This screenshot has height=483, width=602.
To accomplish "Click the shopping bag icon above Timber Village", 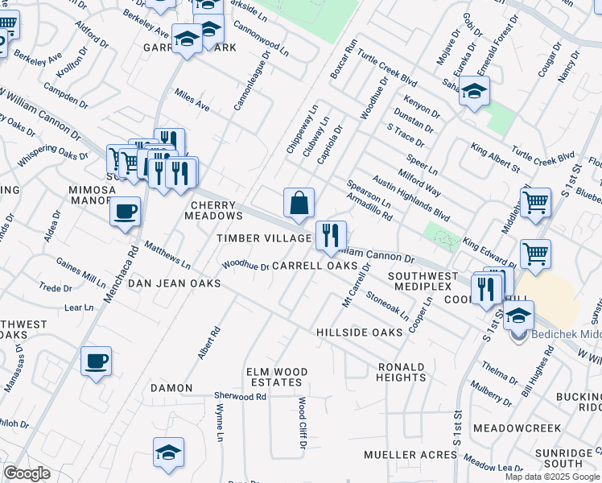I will [x=299, y=204].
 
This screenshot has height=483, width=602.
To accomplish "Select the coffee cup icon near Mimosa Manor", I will [x=124, y=213].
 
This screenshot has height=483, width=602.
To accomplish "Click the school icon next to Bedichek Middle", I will [x=518, y=316].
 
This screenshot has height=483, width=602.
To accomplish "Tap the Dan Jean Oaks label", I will [x=175, y=283].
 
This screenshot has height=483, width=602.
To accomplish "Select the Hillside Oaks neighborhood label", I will [x=359, y=332].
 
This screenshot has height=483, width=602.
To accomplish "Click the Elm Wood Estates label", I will [x=278, y=377].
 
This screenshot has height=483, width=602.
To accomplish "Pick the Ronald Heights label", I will [x=401, y=372].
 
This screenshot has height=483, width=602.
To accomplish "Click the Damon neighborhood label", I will [x=171, y=388].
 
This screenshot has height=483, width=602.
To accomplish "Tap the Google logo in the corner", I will [x=27, y=473].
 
